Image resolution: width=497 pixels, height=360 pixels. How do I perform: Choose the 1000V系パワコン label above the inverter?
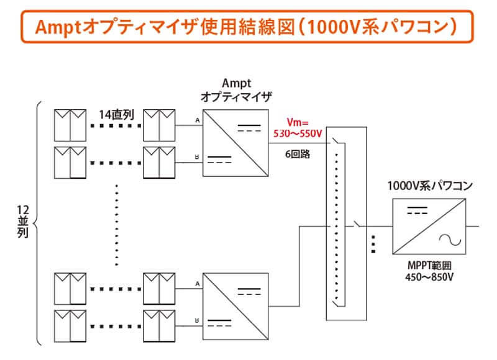[429, 186]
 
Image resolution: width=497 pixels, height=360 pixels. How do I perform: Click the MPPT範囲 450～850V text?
[428, 272]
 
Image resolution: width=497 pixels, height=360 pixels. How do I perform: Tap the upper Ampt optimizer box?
[236, 142]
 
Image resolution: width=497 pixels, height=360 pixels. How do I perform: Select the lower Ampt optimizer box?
[236, 305]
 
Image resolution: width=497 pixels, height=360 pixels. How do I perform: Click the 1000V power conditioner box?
[429, 226]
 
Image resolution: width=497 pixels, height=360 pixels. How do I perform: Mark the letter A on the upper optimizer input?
[197, 120]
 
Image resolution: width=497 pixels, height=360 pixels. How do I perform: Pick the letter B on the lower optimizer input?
[197, 321]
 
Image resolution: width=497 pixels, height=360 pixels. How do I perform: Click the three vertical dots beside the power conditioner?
[373, 243]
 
